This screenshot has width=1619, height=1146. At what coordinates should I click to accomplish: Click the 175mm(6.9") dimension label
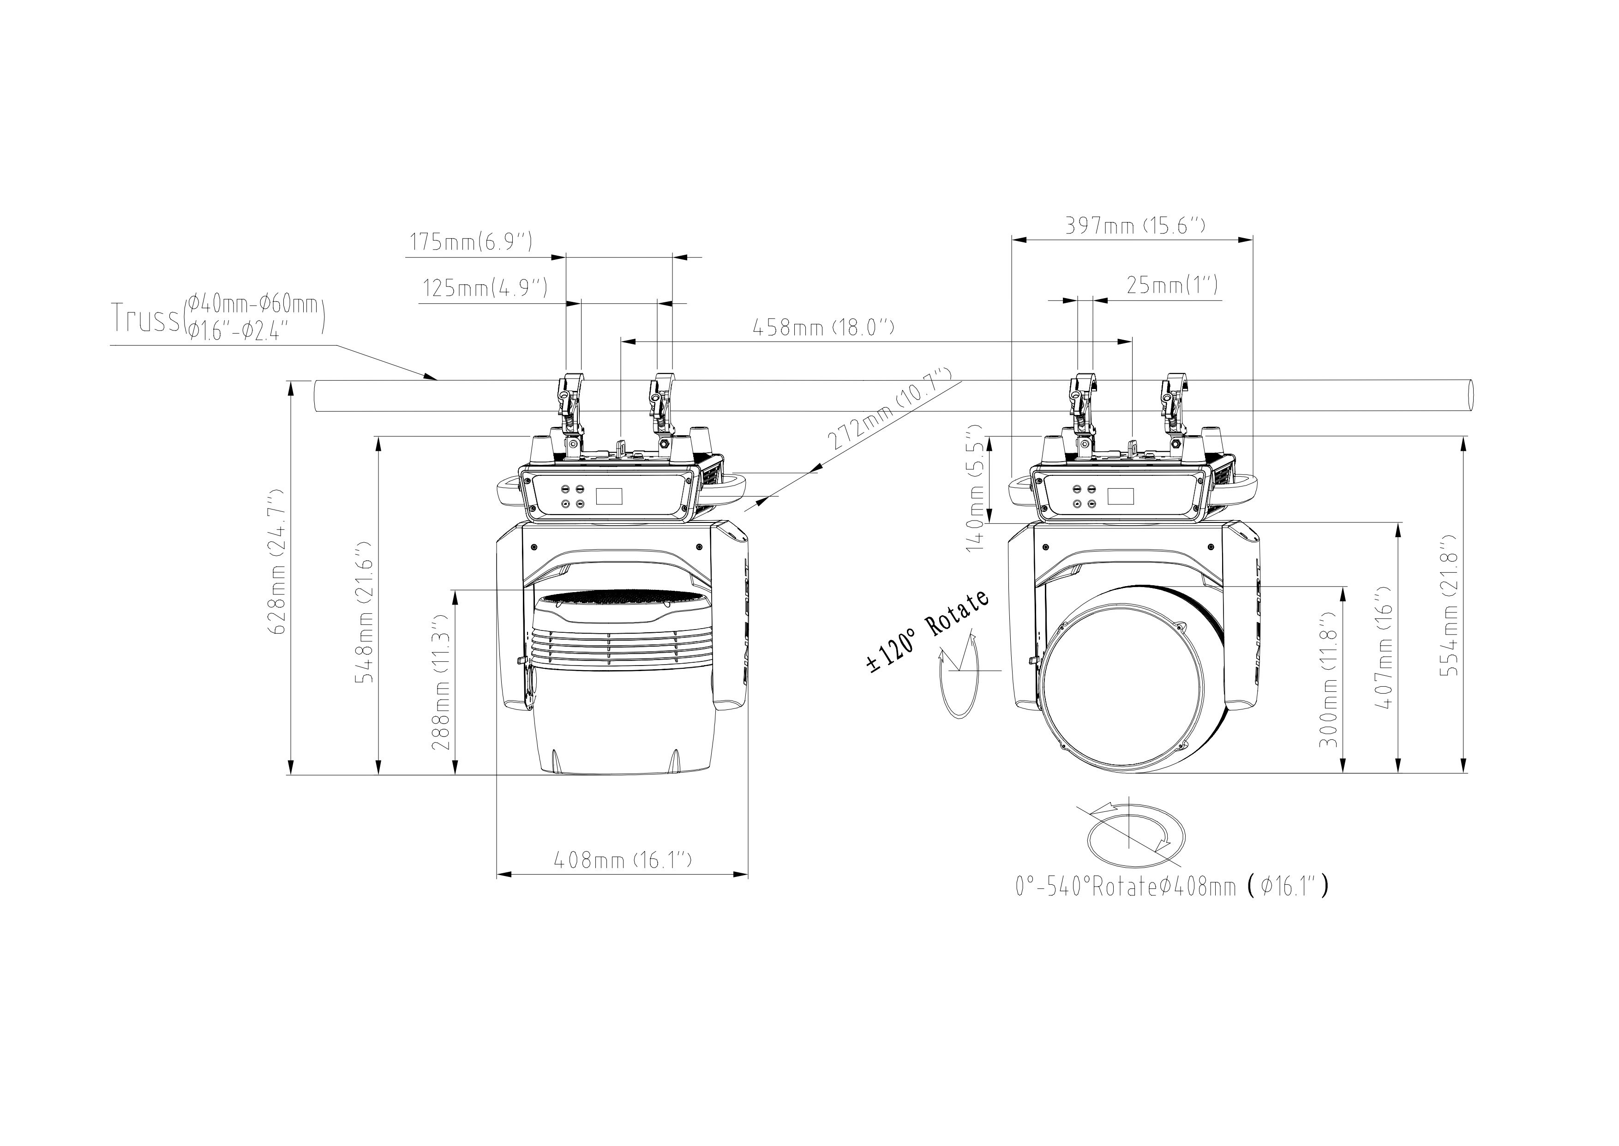click(x=471, y=242)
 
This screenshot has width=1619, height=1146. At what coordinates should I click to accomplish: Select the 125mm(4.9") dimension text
click(x=485, y=288)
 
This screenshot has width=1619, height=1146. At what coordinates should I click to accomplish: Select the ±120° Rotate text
click(x=928, y=631)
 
